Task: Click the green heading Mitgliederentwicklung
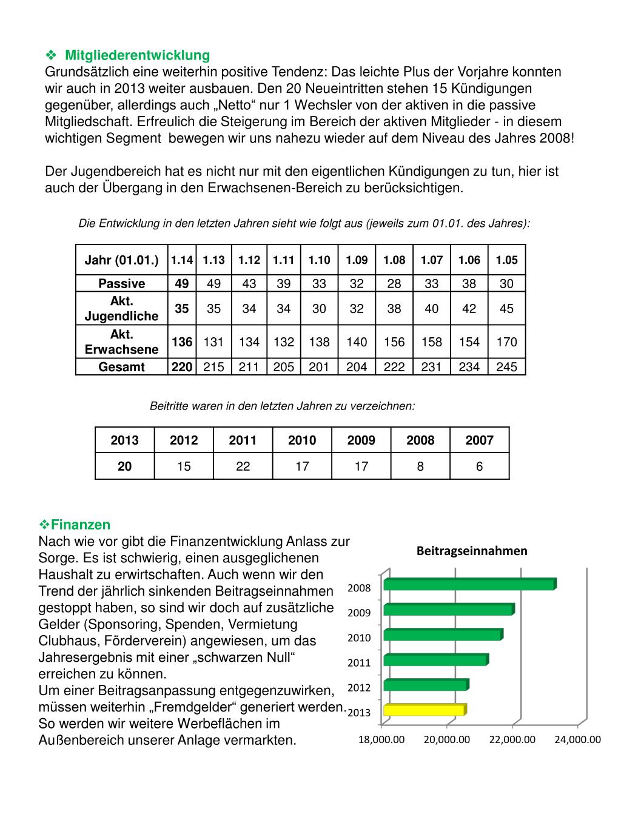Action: tap(137, 56)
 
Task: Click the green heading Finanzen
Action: tap(80, 524)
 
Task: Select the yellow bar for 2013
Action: tap(425, 710)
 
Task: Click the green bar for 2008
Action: tap(469, 584)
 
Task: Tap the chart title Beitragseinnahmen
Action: tap(471, 551)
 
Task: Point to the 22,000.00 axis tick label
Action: tap(512, 739)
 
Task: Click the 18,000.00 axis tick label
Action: tap(381, 739)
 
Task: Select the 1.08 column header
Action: tap(394, 260)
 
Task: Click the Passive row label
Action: tap(122, 284)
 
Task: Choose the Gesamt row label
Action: tap(122, 367)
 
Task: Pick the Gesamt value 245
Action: tap(506, 367)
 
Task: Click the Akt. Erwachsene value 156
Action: tap(394, 342)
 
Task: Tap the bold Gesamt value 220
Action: tap(182, 367)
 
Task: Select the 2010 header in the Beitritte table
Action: tap(302, 440)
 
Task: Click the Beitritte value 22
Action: tap(243, 466)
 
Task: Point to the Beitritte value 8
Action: tap(420, 466)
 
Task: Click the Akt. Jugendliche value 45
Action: tap(506, 309)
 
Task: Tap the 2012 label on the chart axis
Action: tap(359, 687)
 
